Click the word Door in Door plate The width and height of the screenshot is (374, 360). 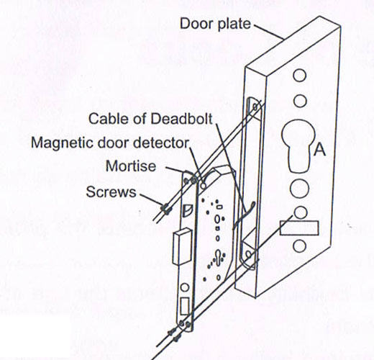195,24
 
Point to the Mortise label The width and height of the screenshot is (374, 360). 131,166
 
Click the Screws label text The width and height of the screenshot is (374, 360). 111,192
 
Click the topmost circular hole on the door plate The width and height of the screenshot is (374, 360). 300,76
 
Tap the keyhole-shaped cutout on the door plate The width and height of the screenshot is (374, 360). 297,145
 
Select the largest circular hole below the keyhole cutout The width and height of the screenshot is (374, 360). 299,189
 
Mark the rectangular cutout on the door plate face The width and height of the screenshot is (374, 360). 299,228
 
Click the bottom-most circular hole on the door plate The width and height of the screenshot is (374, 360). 300,246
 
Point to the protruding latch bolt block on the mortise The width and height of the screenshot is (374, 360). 183,246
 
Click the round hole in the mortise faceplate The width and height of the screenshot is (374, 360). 184,287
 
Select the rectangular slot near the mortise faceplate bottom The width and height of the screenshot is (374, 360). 184,306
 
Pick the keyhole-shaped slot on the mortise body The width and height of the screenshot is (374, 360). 219,257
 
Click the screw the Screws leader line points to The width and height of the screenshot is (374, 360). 165,208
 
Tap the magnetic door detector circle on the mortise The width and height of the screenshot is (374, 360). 204,186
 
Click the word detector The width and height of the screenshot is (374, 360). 161,143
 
